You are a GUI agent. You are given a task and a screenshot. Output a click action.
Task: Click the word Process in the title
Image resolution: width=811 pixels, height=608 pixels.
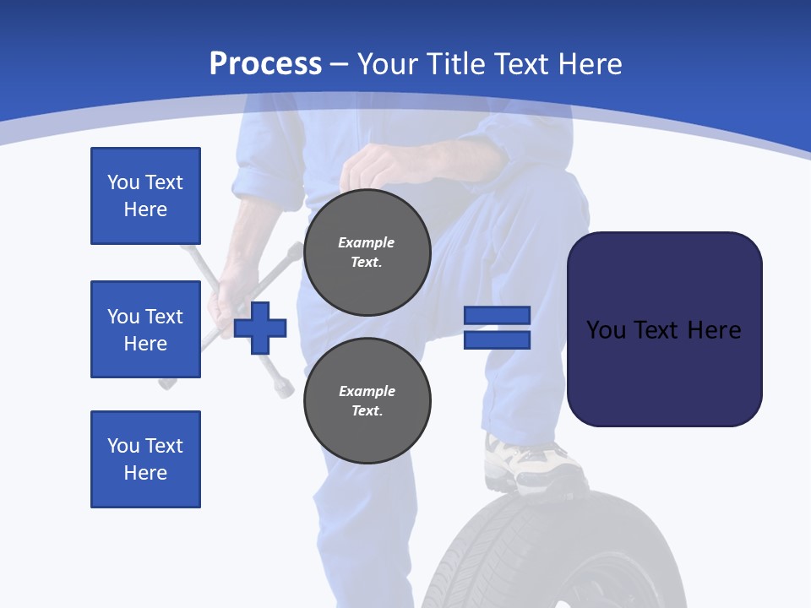[x=265, y=64]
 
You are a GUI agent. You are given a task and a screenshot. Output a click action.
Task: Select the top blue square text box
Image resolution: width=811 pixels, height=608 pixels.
[x=145, y=196]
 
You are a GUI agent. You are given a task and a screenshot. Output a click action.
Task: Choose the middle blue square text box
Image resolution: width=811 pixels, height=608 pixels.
[x=145, y=329]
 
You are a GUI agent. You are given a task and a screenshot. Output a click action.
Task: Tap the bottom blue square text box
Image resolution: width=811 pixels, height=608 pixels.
[x=145, y=459]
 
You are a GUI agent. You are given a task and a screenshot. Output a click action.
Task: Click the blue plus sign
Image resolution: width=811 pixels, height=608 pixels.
[x=260, y=328]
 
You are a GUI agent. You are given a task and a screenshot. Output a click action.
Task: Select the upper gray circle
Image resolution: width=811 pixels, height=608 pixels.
[x=367, y=252]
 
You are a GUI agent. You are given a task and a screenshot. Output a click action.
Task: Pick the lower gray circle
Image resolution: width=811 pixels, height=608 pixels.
[x=367, y=401]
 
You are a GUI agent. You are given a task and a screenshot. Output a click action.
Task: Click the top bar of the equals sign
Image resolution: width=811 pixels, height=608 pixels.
[x=497, y=316]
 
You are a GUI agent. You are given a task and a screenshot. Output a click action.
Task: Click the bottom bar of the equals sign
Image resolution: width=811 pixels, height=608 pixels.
[x=497, y=340]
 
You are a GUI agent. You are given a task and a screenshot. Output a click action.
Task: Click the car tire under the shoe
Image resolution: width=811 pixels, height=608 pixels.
[x=541, y=549]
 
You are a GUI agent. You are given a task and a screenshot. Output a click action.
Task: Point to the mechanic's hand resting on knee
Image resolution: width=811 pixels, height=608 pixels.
[x=380, y=165]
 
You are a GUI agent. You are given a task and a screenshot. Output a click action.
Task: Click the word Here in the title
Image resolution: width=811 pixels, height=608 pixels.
[x=591, y=64]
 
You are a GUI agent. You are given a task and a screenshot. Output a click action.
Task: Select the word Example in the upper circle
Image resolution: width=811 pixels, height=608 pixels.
[x=367, y=243]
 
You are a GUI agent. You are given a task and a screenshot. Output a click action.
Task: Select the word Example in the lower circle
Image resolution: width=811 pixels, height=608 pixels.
[x=367, y=392]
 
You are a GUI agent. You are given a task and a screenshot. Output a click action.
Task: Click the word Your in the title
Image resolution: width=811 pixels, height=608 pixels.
[x=388, y=64]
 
